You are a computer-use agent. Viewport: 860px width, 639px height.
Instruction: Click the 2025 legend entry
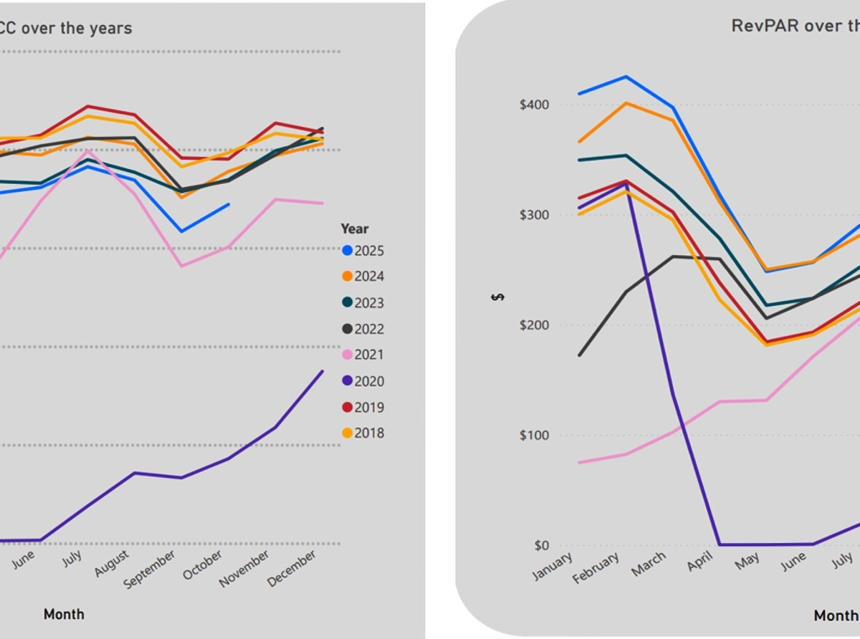tap(363, 251)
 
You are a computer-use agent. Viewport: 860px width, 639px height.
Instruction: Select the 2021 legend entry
tap(363, 355)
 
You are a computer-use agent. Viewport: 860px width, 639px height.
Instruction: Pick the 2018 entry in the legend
tap(363, 433)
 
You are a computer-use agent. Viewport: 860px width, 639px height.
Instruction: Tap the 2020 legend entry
tap(363, 382)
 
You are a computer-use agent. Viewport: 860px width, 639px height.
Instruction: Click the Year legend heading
tap(354, 229)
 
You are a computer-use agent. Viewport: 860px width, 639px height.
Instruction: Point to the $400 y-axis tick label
tap(534, 105)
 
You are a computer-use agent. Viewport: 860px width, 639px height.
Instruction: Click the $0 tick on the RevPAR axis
tap(542, 545)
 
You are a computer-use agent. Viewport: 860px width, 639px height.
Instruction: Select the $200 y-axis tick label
tap(534, 325)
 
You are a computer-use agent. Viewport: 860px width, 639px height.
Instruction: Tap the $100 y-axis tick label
tap(534, 436)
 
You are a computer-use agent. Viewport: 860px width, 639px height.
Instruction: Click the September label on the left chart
tap(150, 570)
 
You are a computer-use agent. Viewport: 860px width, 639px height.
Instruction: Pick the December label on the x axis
tap(292, 569)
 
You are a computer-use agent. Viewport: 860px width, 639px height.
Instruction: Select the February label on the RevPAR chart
tap(596, 570)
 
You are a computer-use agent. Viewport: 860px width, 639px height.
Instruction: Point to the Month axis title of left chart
tap(64, 614)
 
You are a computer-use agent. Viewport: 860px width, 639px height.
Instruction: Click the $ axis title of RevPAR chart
tap(497, 297)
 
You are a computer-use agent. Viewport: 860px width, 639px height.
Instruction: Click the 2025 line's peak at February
tap(626, 77)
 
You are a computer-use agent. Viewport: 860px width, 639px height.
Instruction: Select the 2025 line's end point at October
tap(229, 204)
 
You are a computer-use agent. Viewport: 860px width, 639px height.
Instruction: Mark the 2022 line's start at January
tap(579, 355)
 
